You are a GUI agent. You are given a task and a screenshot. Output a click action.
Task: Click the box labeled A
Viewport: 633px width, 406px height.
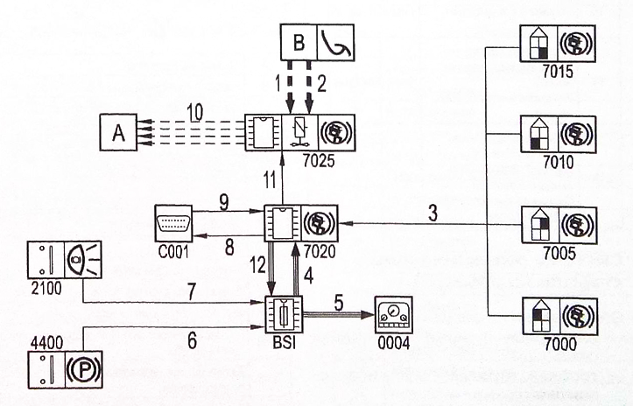(118, 132)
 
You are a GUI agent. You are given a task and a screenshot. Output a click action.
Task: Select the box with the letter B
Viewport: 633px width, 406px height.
(299, 42)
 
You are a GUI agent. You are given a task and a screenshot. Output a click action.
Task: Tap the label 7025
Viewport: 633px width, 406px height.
(320, 160)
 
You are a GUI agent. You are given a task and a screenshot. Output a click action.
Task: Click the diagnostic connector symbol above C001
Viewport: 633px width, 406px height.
(173, 224)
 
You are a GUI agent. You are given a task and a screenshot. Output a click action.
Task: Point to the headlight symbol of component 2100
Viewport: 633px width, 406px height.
(83, 260)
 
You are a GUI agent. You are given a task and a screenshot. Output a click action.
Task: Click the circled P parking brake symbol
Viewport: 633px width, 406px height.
(83, 369)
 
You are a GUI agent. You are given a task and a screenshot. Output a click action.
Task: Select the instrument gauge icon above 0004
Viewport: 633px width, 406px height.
(394, 315)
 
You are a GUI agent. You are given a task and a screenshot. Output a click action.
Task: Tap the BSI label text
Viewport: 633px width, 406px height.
(285, 343)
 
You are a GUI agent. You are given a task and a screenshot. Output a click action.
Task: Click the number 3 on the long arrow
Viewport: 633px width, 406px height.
(433, 213)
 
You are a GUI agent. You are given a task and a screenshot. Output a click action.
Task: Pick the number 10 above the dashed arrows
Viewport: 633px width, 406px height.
(195, 113)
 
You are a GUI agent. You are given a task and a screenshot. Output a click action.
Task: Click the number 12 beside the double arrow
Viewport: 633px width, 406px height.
(258, 265)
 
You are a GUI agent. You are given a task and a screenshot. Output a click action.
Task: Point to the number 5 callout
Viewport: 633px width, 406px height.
(338, 302)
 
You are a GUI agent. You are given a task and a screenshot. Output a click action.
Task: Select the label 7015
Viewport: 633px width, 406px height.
(558, 72)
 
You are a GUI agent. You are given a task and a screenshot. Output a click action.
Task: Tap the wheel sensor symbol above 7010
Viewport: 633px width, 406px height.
(576, 135)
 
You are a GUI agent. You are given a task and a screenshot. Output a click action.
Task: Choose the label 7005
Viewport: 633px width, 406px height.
(559, 254)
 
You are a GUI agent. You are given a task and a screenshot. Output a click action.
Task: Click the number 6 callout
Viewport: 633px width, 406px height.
(192, 340)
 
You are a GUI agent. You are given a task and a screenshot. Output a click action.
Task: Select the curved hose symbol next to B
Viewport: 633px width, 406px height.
(336, 42)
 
